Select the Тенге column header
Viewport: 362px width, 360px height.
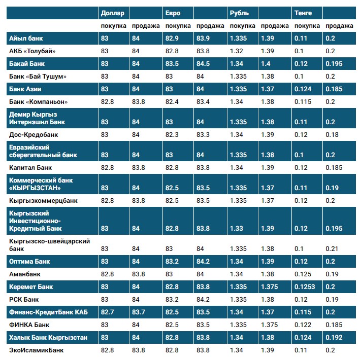click(x=303, y=13)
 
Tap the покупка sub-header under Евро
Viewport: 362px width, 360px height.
click(x=178, y=26)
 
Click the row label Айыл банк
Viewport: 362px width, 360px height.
click(x=26, y=39)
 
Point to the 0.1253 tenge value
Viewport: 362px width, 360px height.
click(x=305, y=287)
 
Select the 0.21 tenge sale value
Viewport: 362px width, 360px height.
click(x=331, y=249)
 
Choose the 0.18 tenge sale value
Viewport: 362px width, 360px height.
click(x=331, y=135)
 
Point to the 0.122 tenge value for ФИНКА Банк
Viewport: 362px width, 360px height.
click(x=303, y=325)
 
